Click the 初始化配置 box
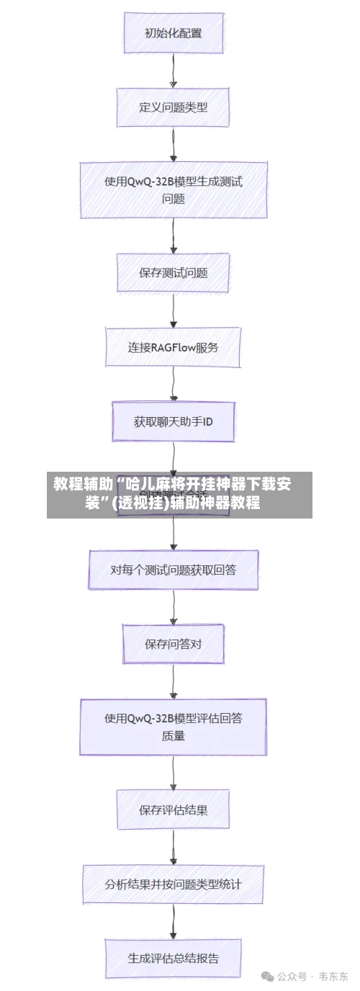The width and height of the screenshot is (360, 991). point(173,32)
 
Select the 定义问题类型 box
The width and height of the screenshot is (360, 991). point(173,107)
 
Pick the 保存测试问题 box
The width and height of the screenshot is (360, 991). point(173,272)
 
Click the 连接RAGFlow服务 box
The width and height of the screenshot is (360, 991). point(173,347)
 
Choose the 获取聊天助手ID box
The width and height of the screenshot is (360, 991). point(173,421)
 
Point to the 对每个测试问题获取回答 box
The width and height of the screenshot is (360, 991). point(173,570)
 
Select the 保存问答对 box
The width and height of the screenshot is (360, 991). point(173,644)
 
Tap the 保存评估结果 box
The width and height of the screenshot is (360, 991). point(173,810)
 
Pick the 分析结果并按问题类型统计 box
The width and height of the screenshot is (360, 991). point(173,884)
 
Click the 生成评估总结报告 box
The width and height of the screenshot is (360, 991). point(173,958)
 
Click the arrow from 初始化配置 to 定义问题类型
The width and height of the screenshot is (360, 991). point(173,70)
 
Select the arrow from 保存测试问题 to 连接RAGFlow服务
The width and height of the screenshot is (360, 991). point(173,310)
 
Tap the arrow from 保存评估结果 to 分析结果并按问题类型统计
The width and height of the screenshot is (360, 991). point(173,846)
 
